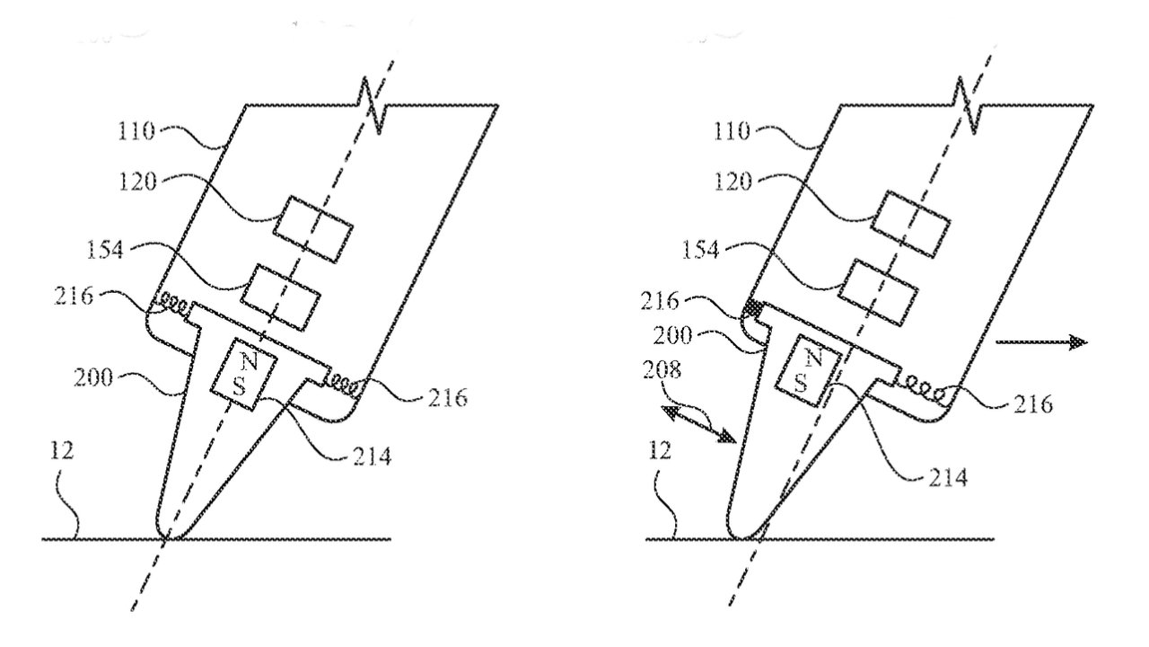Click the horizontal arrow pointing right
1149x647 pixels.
pos(1040,342)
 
